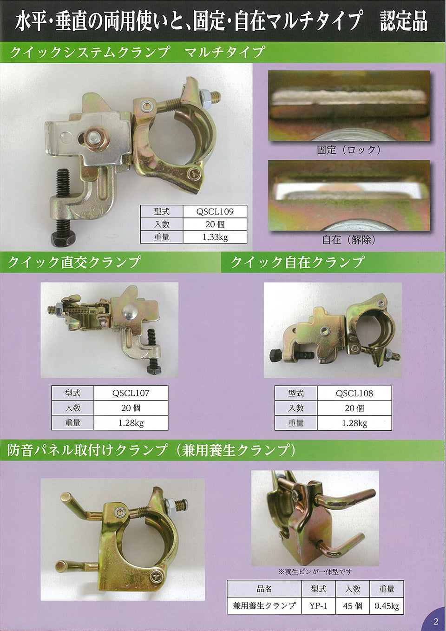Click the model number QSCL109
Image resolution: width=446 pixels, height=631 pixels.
(x=215, y=211)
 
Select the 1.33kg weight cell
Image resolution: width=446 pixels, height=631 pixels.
(x=215, y=237)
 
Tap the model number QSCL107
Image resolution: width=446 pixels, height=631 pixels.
(x=131, y=393)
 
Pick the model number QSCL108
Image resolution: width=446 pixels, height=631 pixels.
(x=354, y=394)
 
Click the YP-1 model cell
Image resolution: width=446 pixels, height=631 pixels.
(x=318, y=606)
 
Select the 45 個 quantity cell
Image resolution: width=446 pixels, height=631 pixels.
(x=352, y=606)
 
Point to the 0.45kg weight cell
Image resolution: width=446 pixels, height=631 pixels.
(x=387, y=606)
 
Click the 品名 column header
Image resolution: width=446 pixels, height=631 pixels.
(x=264, y=589)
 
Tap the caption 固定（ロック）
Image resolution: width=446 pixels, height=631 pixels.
(x=349, y=150)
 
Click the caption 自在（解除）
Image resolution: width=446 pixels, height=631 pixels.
(x=349, y=240)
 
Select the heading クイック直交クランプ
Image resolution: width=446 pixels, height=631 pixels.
(x=74, y=262)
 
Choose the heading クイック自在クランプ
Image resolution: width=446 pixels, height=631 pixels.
(x=297, y=262)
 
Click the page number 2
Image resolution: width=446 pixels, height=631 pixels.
(x=435, y=622)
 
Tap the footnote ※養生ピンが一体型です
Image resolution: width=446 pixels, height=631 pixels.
(x=315, y=572)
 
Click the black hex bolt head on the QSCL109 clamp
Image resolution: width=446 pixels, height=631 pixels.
(x=63, y=238)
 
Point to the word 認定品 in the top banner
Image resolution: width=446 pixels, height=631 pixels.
(x=403, y=21)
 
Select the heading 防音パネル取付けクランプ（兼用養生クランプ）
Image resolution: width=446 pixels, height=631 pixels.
(x=151, y=450)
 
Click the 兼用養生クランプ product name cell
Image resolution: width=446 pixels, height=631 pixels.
(x=264, y=606)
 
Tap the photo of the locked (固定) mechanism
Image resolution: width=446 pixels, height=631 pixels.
(x=349, y=106)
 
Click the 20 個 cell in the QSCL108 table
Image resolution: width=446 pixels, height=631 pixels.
(x=354, y=408)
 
